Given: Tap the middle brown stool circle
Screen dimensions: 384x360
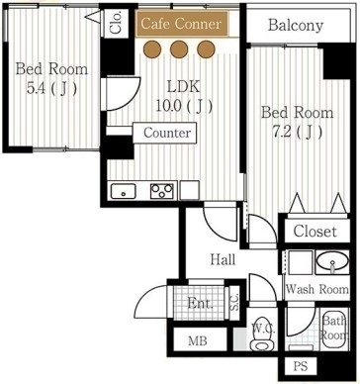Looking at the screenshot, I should tap(179, 48).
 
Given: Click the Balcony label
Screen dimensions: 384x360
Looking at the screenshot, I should tap(296, 25).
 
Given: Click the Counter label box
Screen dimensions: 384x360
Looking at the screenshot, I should tap(166, 132).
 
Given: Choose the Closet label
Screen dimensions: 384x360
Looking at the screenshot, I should tap(315, 232).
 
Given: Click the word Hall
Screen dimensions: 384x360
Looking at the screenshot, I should tap(222, 260).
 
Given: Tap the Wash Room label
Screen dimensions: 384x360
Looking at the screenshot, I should tap(315, 290).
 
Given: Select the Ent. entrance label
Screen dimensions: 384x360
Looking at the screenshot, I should tap(202, 304).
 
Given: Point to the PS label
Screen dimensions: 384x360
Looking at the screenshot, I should tap(301, 367).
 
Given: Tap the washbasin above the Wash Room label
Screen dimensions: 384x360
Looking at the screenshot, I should tap(333, 263).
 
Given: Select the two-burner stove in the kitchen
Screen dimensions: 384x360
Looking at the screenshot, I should tap(162, 190).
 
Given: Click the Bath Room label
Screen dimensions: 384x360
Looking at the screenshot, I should tap(334, 329).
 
